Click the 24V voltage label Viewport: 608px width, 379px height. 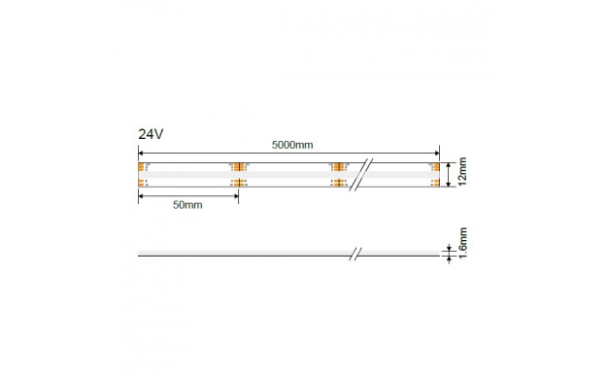(151, 134)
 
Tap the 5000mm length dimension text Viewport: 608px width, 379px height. (292, 145)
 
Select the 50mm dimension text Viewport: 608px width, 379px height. (187, 205)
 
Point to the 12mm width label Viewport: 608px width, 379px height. (461, 171)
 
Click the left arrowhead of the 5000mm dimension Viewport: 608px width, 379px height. (141, 154)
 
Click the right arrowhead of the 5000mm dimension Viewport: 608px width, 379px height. (437, 154)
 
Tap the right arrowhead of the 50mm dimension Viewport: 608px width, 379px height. (235, 196)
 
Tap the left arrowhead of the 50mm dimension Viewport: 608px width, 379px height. (141, 196)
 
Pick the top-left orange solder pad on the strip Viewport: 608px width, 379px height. (141, 167)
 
